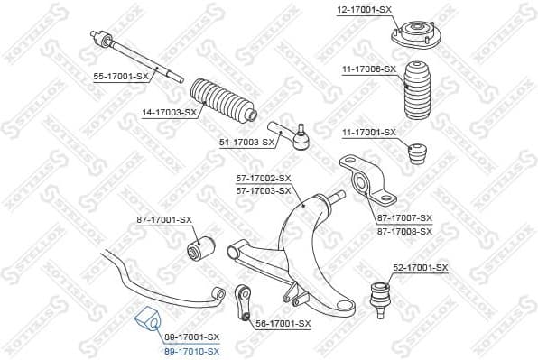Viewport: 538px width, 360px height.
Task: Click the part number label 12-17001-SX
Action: click(x=365, y=9)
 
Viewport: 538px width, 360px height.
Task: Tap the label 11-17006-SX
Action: click(x=368, y=69)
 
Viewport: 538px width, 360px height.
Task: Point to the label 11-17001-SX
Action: click(x=368, y=133)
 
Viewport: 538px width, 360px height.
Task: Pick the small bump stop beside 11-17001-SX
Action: click(x=419, y=153)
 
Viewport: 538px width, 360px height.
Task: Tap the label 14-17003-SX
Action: click(x=169, y=112)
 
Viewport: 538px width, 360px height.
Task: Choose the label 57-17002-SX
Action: click(x=263, y=179)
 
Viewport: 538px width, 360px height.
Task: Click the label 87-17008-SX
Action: click(x=405, y=231)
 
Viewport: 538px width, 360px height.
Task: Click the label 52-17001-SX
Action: click(x=420, y=268)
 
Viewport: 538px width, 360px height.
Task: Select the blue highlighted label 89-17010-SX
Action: click(x=191, y=348)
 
